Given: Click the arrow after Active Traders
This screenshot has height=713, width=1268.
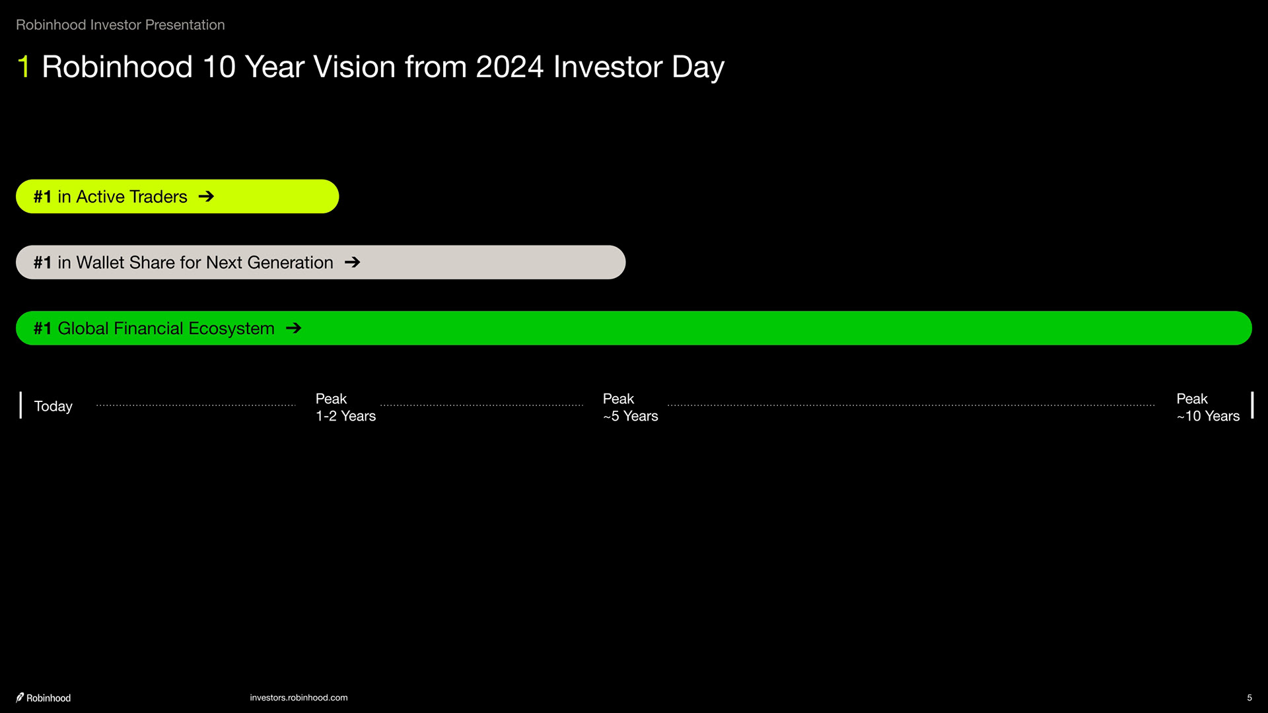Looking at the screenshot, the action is (206, 196).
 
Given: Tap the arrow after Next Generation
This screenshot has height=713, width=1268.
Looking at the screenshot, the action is (352, 262).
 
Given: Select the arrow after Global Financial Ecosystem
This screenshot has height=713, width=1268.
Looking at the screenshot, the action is (294, 327).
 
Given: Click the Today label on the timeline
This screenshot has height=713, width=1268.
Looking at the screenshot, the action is (53, 406).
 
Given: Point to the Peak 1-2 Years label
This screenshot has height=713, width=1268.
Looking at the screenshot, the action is (345, 407).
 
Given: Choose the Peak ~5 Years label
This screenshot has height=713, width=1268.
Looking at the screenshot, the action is (630, 407).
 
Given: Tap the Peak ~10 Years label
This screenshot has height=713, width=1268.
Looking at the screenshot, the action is (1208, 407).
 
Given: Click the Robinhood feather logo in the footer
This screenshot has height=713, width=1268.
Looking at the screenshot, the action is (20, 697).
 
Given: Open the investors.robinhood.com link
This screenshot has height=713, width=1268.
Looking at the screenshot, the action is (299, 697).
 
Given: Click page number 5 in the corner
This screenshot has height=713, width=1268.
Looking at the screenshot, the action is (1249, 697).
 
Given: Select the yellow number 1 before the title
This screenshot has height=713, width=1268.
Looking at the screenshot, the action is (24, 67).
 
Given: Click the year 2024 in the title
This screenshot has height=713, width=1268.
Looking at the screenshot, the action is (509, 67).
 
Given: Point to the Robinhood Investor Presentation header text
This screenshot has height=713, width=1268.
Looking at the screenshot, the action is (120, 24).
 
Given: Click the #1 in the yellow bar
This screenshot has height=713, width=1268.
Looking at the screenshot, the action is (42, 196).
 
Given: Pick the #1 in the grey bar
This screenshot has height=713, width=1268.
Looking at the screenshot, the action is (42, 262).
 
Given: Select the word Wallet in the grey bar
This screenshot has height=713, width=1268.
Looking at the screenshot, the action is (100, 262).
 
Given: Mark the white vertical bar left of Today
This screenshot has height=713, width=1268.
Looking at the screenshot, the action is (20, 405).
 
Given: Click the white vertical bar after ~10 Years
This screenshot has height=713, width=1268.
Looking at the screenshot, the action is (1252, 405).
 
